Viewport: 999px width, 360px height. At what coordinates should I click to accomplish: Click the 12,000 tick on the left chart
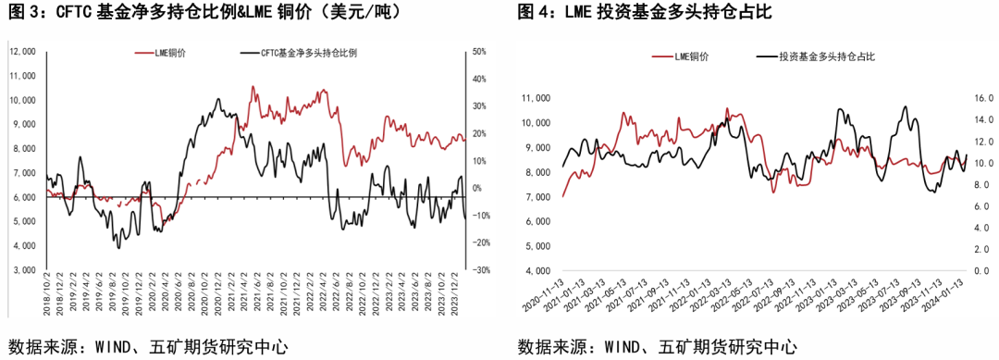(22, 52)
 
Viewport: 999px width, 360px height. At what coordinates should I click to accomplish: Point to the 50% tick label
(480, 52)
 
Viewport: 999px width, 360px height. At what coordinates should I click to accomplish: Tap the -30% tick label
(480, 270)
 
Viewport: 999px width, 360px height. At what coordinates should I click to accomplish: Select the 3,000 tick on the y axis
(22, 270)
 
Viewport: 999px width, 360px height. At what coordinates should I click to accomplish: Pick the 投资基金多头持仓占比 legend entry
(827, 57)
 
